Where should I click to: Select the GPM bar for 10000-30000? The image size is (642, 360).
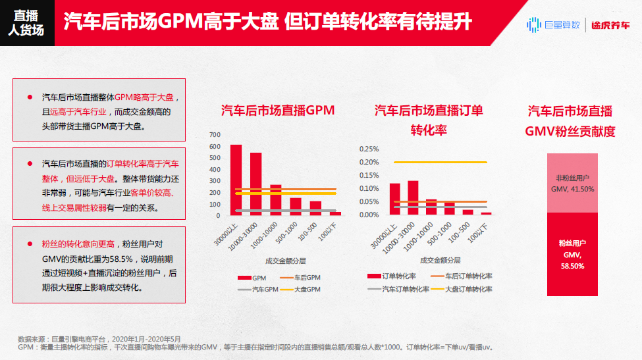pos(255,184)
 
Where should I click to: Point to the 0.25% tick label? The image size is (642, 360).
pos(369,149)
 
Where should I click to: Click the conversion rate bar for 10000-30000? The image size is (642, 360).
pos(413,197)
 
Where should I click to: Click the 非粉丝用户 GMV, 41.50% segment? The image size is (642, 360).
pos(572,183)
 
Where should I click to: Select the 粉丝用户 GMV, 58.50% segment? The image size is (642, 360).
pos(572,254)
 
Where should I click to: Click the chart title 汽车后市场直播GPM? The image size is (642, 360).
pos(277,111)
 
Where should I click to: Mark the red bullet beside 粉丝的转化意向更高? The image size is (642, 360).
pos(30,244)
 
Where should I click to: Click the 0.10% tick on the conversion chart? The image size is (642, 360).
pos(369,189)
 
